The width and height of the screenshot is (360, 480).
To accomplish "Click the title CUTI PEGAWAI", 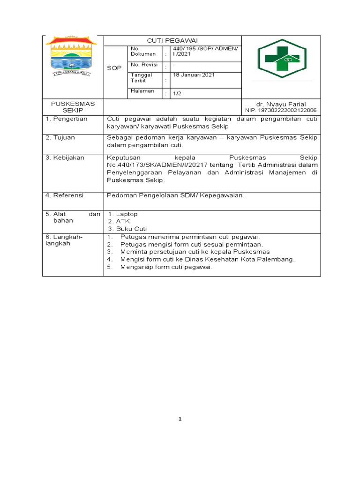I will [x=172, y=41].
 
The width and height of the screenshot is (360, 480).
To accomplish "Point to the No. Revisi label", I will [x=144, y=65].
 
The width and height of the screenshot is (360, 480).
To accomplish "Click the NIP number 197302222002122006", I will [x=281, y=110].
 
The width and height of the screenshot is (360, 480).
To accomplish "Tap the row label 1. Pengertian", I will [x=67, y=119].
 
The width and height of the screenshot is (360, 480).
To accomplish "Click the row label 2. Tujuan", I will [x=60, y=137].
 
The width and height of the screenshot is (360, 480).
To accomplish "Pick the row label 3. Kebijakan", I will [x=65, y=157].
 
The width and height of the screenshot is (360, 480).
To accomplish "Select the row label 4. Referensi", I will [x=65, y=195].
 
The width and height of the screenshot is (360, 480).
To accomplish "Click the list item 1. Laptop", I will [x=123, y=214].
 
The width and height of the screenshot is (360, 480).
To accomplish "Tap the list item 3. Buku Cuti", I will [x=127, y=229].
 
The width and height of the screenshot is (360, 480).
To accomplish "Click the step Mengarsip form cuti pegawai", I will [x=166, y=267].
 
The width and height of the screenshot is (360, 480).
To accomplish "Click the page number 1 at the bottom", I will [x=180, y=419].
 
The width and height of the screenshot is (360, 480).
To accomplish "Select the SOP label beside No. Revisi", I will [x=114, y=68].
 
